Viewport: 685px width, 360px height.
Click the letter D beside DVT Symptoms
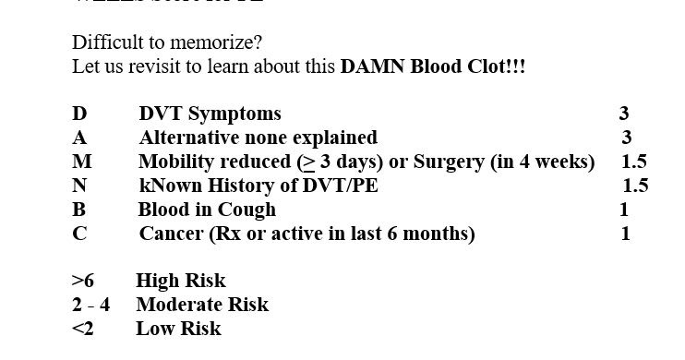pos(79,114)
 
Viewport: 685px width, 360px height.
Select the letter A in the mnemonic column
pos(79,138)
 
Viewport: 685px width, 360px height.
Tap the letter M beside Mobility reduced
pos(81,162)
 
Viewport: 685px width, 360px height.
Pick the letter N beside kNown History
pos(79,186)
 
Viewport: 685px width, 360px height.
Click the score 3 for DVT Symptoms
pos(624,114)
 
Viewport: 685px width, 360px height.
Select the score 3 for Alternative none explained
pos(627,138)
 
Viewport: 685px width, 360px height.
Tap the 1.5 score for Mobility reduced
pos(634,162)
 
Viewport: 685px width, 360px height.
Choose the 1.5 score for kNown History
pos(636,186)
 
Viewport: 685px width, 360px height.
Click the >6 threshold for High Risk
pos(82,282)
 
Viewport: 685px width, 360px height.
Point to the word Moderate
pos(176,306)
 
